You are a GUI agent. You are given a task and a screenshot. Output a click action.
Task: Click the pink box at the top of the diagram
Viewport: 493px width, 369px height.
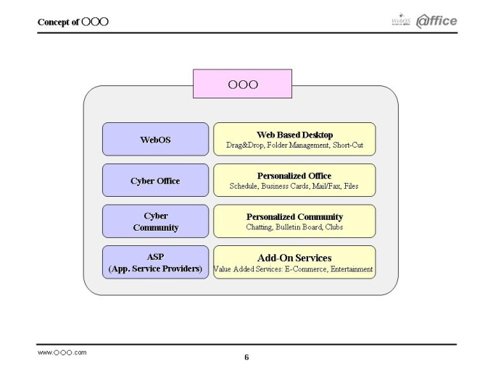(242, 84)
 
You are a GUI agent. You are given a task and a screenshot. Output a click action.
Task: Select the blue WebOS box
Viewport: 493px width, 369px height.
(155, 139)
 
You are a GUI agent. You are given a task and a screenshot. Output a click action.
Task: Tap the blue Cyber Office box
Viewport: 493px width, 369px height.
(155, 180)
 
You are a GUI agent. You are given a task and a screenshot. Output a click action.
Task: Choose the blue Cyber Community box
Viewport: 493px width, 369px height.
(155, 221)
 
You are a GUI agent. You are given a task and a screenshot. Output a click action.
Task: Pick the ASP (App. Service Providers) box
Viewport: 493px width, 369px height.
(155, 263)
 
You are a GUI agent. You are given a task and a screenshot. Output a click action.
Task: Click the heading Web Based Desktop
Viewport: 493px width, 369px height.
(294, 135)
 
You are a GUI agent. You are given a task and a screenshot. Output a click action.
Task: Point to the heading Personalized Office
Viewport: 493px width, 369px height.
(294, 176)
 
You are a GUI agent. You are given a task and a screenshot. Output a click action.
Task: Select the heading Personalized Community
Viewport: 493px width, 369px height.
(294, 217)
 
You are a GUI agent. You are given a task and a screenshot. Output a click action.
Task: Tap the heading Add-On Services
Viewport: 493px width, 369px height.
(294, 258)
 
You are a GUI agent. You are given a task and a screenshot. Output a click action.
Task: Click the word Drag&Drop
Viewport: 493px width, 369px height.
(244, 145)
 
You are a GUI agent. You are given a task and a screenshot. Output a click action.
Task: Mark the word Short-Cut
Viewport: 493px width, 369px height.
(348, 145)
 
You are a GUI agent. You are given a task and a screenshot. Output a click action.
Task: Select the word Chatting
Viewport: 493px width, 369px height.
(259, 227)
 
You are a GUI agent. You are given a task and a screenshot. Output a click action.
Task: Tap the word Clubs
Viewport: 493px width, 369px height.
(334, 227)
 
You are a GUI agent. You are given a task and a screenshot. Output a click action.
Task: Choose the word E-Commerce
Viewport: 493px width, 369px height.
(306, 269)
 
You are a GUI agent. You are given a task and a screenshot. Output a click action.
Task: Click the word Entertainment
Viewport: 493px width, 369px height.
(352, 269)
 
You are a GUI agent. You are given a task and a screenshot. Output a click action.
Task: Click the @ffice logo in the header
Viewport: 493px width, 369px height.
(436, 21)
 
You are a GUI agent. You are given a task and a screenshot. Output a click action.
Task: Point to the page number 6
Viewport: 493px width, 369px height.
(246, 357)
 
